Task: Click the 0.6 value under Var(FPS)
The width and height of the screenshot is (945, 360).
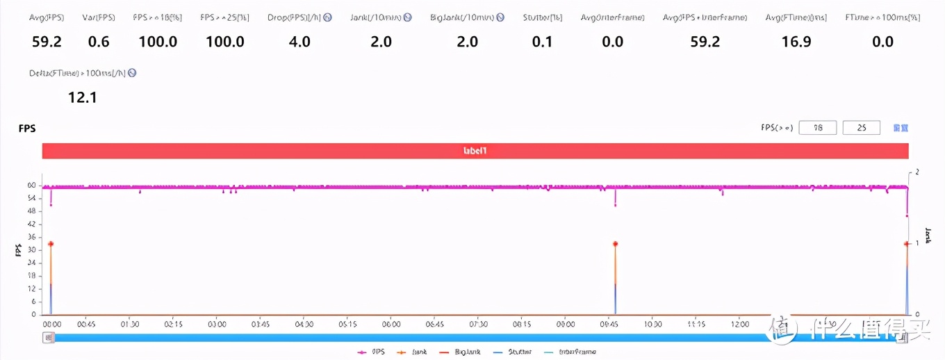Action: (x=99, y=42)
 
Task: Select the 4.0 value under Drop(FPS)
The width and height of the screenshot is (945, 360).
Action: (x=299, y=42)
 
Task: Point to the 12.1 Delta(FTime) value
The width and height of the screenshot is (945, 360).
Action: (x=82, y=98)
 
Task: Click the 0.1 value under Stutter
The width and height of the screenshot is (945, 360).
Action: (x=542, y=42)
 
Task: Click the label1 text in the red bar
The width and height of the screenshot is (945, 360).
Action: (x=475, y=150)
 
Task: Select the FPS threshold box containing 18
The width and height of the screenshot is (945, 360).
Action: (x=818, y=128)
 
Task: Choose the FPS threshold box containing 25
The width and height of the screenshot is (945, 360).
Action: (x=862, y=128)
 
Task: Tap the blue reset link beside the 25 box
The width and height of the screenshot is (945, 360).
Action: (x=901, y=128)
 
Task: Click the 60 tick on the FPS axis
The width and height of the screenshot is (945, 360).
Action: (x=31, y=186)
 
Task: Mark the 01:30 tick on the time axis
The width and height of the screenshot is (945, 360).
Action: (x=130, y=325)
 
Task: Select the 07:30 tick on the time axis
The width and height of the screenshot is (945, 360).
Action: (x=479, y=325)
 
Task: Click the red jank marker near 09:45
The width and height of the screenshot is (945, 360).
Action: (x=616, y=244)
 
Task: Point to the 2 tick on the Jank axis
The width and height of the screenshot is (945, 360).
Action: (x=918, y=172)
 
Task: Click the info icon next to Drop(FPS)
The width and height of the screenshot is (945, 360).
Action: (x=328, y=17)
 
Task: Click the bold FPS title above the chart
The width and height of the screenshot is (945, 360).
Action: (x=27, y=129)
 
